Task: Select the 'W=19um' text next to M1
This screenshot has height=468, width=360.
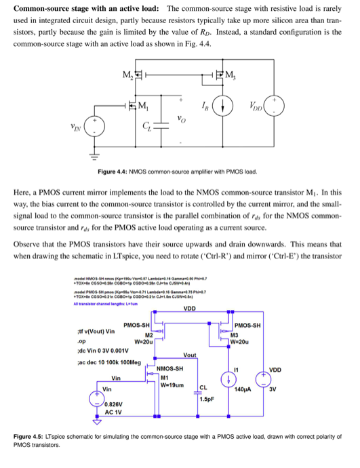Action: click(x=174, y=385)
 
